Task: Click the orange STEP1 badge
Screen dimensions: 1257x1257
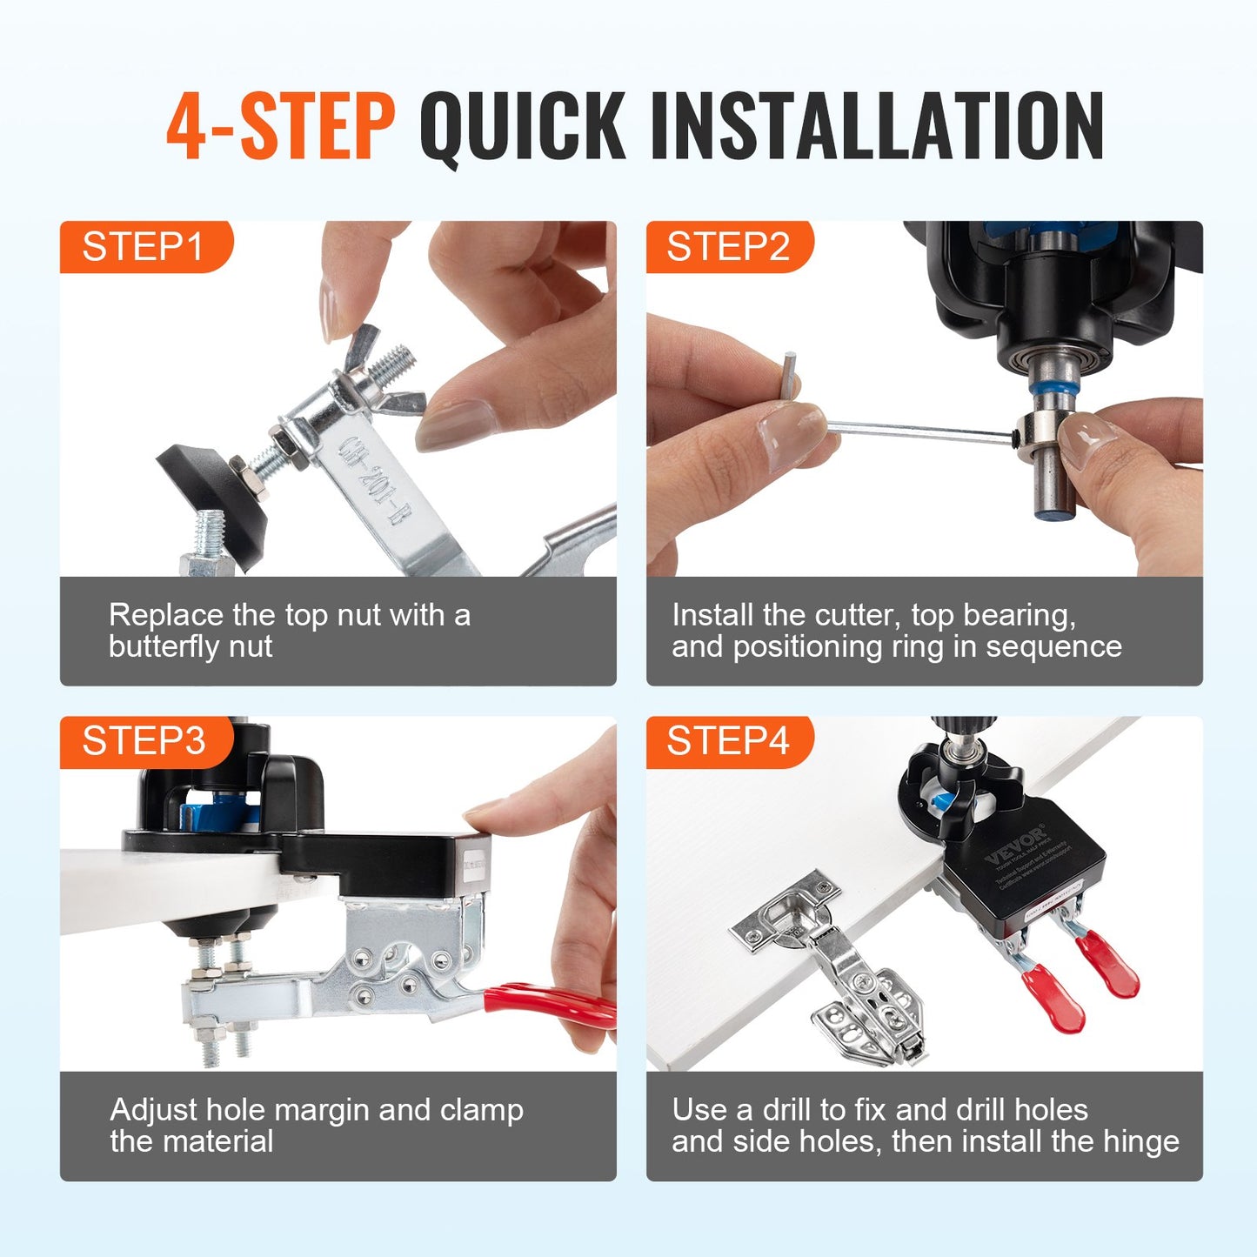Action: pos(144,247)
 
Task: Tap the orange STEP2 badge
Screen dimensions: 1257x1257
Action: pos(728,247)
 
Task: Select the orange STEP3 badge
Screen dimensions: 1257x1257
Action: pos(144,742)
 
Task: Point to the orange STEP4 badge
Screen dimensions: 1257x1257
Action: pos(728,742)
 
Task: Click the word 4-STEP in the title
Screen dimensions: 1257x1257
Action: pos(280,126)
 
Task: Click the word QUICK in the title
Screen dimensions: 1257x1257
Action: pos(522,126)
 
